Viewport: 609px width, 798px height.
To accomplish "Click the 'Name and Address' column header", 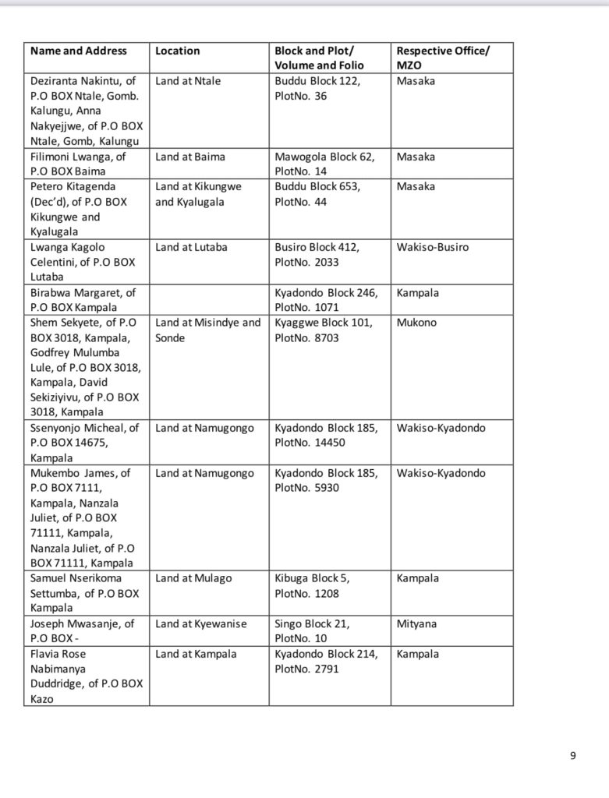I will (x=78, y=51).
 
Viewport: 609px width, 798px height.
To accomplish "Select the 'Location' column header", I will (x=178, y=51).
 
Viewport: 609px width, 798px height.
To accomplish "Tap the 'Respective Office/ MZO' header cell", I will (x=443, y=58).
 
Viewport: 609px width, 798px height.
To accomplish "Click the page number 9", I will (x=572, y=755).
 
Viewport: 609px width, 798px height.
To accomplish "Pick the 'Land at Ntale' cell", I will (x=188, y=81).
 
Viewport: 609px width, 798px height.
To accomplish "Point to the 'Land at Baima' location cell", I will (x=190, y=157).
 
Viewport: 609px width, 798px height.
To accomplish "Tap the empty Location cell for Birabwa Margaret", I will (x=209, y=300).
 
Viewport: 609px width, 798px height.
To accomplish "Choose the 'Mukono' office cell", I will (x=416, y=323).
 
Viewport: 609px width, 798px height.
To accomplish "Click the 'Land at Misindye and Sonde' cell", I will (x=208, y=330).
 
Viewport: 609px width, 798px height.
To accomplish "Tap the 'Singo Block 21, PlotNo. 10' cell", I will (x=313, y=631).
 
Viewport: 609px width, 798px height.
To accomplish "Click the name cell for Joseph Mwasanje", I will (x=82, y=631).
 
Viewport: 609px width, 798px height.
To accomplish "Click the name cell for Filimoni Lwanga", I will (x=78, y=164).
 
